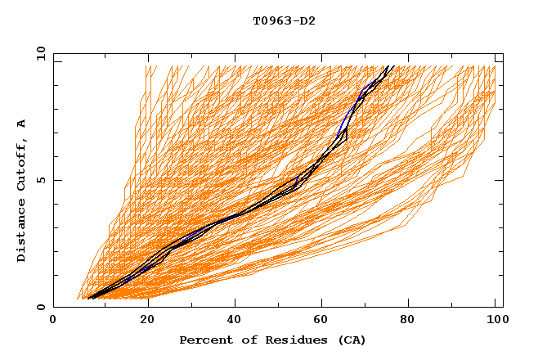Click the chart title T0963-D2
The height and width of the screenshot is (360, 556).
(284, 20)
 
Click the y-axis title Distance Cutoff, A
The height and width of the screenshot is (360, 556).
(21, 191)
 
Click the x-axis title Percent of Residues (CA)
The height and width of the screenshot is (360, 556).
(272, 340)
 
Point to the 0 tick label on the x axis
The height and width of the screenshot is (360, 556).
(53, 322)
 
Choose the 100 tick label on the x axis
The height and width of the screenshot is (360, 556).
(495, 322)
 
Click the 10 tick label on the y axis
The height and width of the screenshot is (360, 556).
(40, 53)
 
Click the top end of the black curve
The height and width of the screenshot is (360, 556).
(392, 66)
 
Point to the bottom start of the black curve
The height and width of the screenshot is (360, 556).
(89, 298)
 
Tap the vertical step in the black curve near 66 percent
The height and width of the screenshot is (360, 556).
(347, 134)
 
